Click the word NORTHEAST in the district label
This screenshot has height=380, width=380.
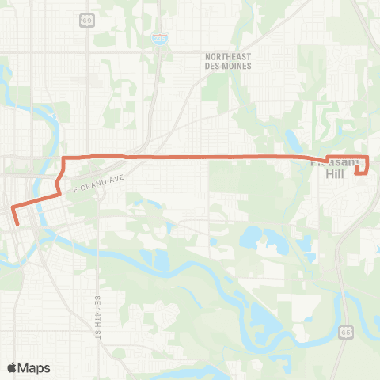(x=227, y=56)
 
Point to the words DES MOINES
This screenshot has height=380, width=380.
(x=227, y=66)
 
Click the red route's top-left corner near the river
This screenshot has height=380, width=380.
(x=63, y=160)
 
